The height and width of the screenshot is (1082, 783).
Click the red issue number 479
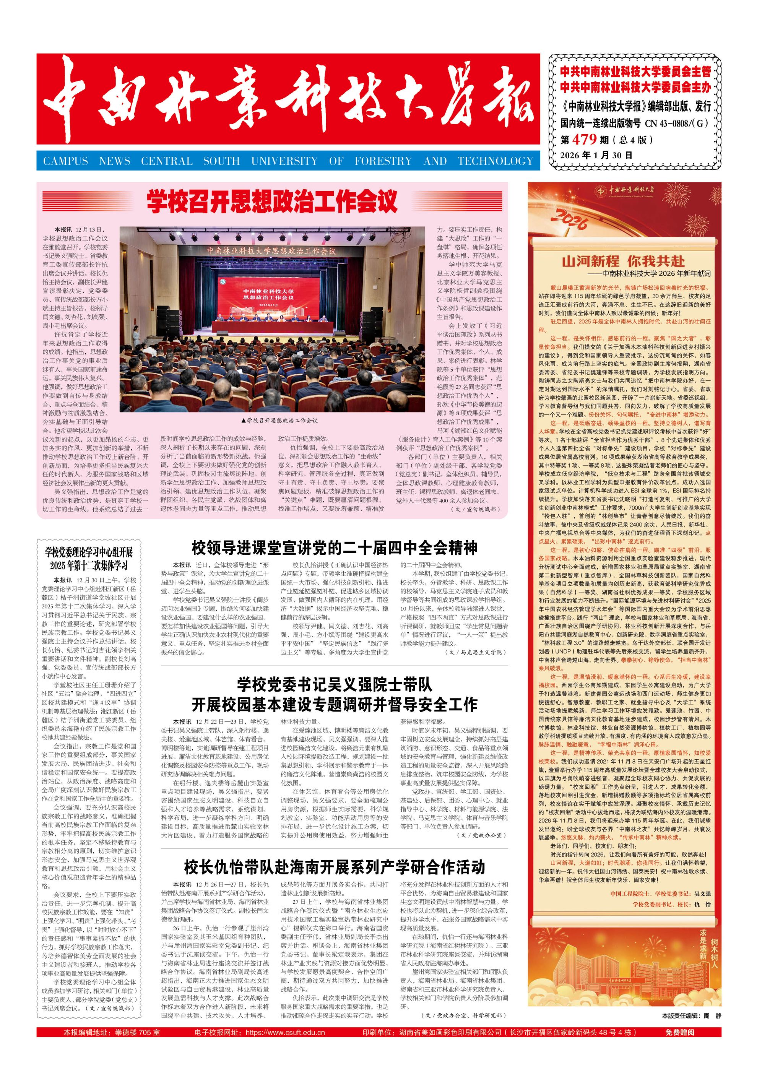point(585,139)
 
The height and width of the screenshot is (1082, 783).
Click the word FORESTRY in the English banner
point(383,161)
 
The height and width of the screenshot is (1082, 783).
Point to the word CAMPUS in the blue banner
point(65,161)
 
